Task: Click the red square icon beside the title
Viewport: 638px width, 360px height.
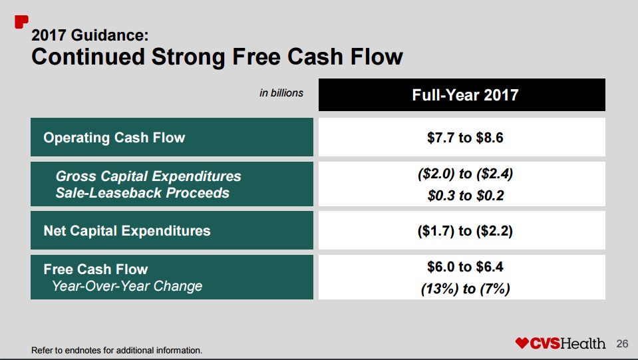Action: (21, 22)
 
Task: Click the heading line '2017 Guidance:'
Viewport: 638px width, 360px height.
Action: (90, 35)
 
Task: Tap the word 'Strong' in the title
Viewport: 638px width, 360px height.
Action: (188, 57)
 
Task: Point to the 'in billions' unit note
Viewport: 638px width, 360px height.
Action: (281, 93)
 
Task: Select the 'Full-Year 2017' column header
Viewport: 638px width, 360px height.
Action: (465, 95)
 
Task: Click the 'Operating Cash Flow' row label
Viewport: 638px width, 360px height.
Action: (114, 138)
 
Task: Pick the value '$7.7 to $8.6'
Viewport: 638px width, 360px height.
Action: (465, 138)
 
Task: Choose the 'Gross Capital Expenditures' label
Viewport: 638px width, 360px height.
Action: (148, 176)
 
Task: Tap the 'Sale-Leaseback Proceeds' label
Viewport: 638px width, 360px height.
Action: (142, 193)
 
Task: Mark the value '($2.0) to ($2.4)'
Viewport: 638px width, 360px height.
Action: (465, 174)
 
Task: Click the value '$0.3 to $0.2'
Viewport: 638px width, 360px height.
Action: (466, 196)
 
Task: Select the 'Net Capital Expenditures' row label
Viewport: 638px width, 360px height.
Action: (127, 231)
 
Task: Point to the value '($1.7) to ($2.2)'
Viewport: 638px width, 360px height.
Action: (465, 231)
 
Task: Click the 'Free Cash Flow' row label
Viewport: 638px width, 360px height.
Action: (96, 270)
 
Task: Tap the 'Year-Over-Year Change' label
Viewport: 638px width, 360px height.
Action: (127, 286)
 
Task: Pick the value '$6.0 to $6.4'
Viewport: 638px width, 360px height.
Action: (465, 267)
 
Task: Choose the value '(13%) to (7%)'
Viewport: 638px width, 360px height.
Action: (466, 289)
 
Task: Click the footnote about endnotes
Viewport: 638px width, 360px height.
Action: (117, 350)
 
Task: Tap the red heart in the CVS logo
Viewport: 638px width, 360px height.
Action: (522, 343)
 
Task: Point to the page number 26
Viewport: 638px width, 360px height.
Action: (622, 344)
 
